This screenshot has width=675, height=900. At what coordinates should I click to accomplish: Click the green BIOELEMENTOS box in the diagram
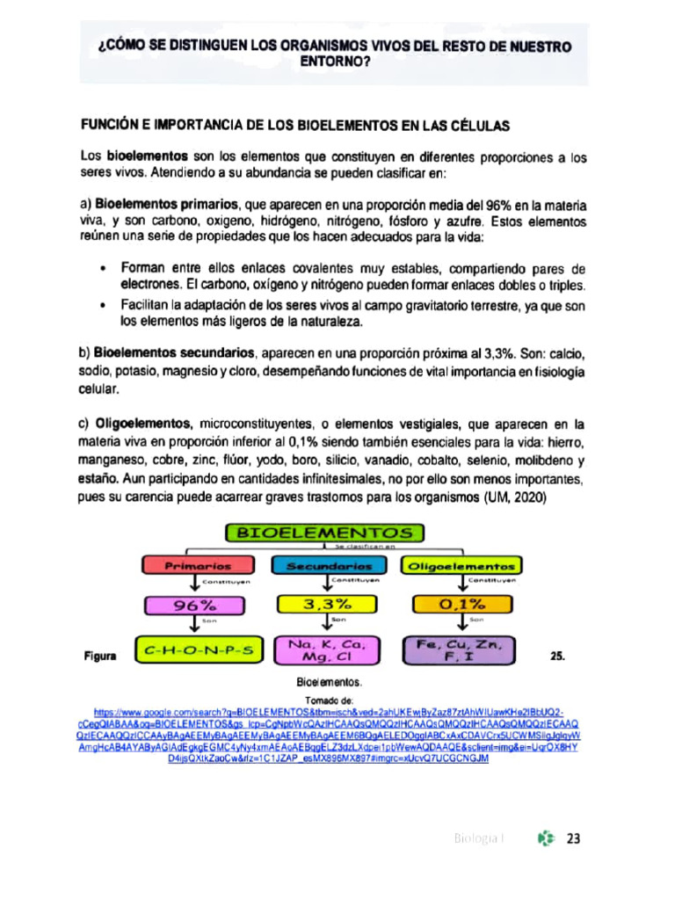click(x=325, y=533)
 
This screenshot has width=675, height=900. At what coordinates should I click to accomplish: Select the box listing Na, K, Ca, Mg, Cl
click(x=328, y=651)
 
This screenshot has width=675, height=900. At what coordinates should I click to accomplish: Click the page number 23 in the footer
click(x=574, y=838)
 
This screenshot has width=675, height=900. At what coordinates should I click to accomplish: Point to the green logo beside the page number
click(x=547, y=838)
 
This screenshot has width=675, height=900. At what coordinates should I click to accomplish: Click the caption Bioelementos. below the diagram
click(x=329, y=681)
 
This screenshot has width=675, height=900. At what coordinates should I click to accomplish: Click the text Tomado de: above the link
click(x=329, y=700)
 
